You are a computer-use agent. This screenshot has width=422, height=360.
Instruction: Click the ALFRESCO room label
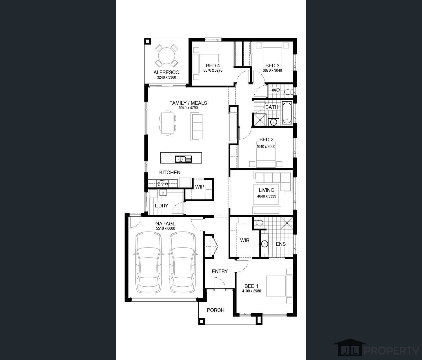click(x=166, y=72)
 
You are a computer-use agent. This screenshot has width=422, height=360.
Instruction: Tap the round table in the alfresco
click(x=166, y=56)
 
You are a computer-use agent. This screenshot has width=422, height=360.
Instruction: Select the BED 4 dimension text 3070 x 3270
click(x=213, y=70)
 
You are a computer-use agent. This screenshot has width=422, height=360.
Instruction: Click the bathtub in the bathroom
click(x=287, y=113)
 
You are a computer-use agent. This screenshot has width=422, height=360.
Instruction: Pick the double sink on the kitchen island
click(x=183, y=159)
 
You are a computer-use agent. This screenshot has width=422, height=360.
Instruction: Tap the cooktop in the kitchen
click(x=162, y=183)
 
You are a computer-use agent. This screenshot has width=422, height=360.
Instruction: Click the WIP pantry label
click(x=200, y=187)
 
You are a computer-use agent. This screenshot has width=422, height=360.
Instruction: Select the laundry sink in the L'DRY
click(x=163, y=193)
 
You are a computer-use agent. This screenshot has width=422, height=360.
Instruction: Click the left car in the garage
click(x=148, y=262)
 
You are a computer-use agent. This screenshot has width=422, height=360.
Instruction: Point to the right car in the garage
click(x=183, y=262)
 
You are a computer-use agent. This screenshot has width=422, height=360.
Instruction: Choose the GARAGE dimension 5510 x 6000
click(x=166, y=229)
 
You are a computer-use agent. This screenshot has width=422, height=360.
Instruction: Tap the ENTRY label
click(x=220, y=271)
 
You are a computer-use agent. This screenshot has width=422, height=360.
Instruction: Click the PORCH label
click(x=215, y=310)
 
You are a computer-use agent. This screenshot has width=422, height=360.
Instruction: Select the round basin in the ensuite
click(x=265, y=244)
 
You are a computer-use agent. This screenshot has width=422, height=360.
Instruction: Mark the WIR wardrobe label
click(x=244, y=240)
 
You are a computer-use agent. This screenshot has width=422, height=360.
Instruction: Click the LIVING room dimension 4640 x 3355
click(x=267, y=196)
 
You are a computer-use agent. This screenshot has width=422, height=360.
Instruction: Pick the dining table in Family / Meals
click(x=168, y=123)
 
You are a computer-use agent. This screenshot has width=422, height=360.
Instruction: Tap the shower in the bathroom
click(x=260, y=120)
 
